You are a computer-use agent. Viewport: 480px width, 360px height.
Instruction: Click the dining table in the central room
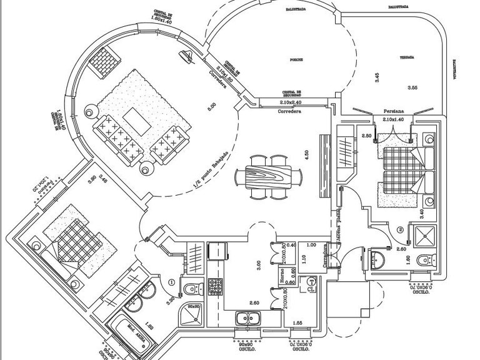tap(269, 177)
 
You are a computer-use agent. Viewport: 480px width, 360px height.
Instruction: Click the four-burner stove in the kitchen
tap(216, 286)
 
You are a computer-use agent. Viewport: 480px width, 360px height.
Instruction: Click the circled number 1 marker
tap(170, 281)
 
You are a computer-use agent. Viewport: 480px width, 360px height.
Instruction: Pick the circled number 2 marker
tap(400, 229)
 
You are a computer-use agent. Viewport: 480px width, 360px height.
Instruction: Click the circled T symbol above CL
tap(311, 281)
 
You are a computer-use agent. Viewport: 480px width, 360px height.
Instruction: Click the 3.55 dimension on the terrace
tap(412, 87)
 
